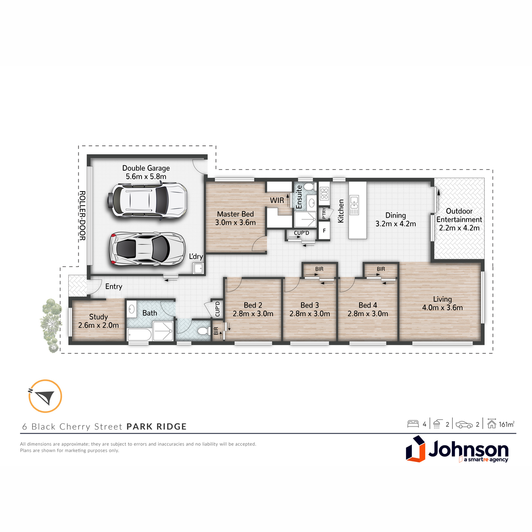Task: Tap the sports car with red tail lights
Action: click(x=147, y=249)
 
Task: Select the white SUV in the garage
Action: click(x=147, y=200)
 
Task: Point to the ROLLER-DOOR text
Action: click(x=82, y=215)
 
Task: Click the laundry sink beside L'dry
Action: click(x=198, y=268)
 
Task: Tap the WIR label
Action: click(x=277, y=200)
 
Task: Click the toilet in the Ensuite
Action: click(x=310, y=187)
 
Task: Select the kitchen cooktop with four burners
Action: click(x=324, y=193)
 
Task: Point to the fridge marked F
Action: click(x=324, y=231)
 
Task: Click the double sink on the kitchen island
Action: click(x=354, y=205)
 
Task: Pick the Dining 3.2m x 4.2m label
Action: click(x=395, y=220)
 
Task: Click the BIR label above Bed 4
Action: click(x=381, y=269)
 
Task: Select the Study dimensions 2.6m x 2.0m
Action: click(x=98, y=325)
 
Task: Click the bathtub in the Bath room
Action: click(x=139, y=335)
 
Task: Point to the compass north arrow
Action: click(x=45, y=396)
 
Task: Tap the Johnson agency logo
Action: click(x=457, y=449)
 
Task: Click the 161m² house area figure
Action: click(x=506, y=424)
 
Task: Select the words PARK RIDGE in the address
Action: click(x=156, y=426)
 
